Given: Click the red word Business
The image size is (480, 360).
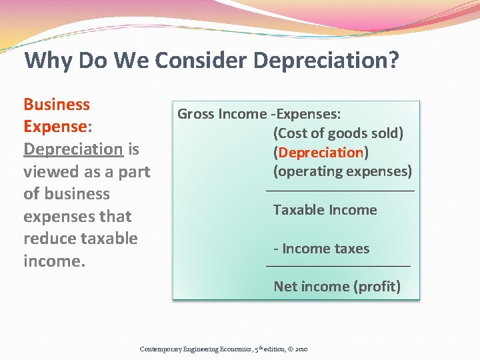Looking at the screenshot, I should [x=57, y=105].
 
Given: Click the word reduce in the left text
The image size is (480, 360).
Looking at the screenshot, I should [x=51, y=238].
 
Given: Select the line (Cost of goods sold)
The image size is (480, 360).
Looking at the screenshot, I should [x=338, y=133].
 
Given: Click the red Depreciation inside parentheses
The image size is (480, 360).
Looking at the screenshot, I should [x=321, y=152].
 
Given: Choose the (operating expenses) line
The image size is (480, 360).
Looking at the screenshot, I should [x=343, y=171].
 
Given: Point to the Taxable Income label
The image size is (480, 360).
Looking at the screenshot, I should [x=325, y=210].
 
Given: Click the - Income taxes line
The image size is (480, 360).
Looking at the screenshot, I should [x=321, y=249].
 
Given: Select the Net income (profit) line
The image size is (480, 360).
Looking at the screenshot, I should [x=337, y=287].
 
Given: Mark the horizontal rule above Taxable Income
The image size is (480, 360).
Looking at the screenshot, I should [x=340, y=191].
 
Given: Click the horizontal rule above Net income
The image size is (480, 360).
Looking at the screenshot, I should [x=338, y=267].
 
